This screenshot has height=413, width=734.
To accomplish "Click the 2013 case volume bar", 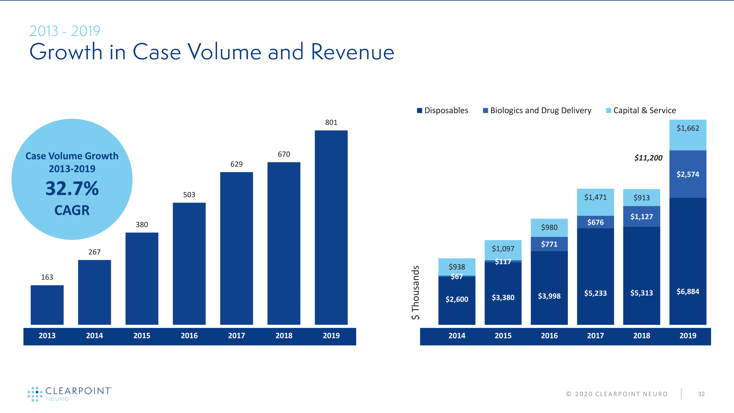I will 47,305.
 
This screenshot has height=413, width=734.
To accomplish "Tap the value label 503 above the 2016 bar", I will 189,195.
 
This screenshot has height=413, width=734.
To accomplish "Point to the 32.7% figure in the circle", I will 72,189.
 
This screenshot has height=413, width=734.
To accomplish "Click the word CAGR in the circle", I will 72,210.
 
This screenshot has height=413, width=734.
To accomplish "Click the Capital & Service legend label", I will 644,110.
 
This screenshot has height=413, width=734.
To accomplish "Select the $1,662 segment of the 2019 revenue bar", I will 688,135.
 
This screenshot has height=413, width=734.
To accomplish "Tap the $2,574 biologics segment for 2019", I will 688,174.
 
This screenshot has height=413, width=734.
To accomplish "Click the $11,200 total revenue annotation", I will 648,158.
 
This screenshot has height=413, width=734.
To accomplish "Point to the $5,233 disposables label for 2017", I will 595,293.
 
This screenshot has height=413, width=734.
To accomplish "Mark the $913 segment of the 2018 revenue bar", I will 641,198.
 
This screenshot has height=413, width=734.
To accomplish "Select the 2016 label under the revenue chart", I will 549,336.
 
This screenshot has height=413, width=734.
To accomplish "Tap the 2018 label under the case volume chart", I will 284,336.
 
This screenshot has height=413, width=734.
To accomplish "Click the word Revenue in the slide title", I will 353,52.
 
